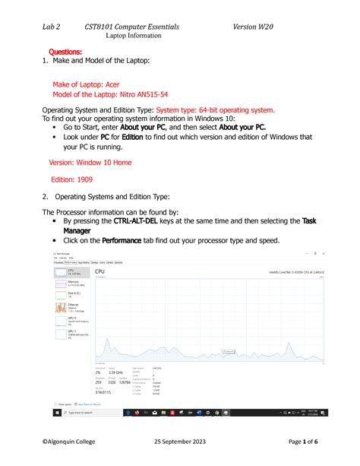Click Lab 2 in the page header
click(55, 27)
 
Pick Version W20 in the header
click(253, 27)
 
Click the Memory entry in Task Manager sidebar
click(73, 283)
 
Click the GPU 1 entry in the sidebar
click(73, 335)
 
